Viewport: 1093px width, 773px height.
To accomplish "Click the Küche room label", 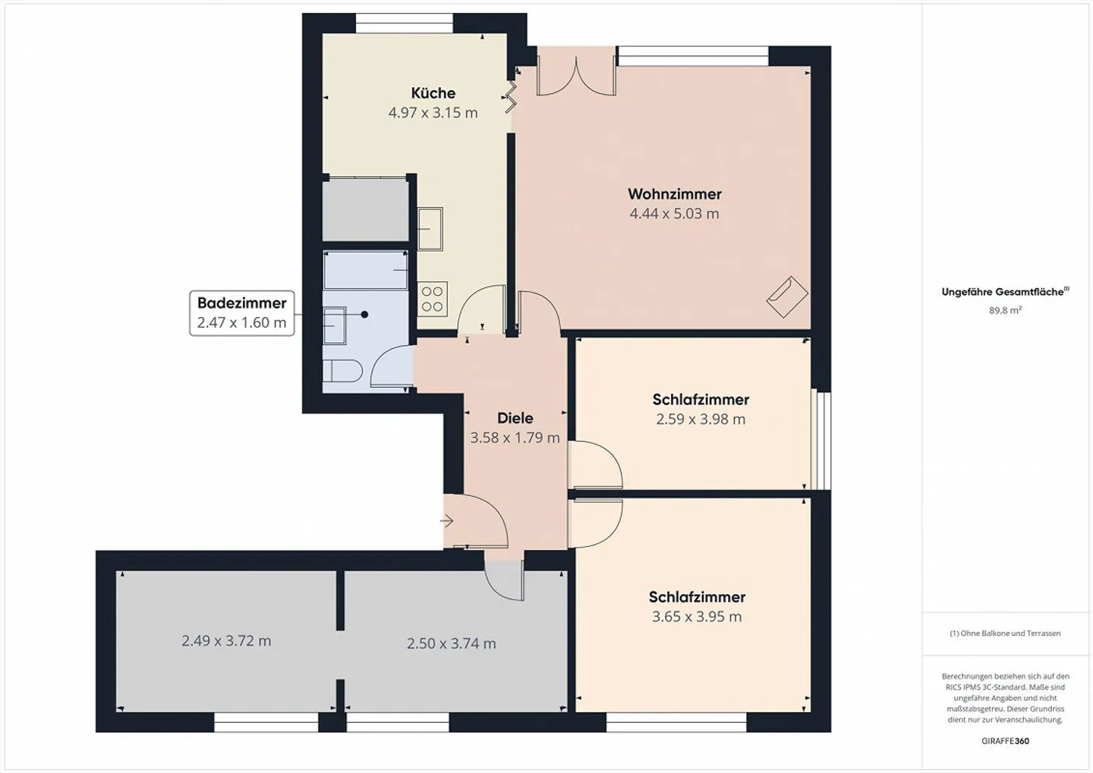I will point(433,93).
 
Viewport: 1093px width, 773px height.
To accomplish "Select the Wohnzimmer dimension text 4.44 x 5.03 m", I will point(674,214).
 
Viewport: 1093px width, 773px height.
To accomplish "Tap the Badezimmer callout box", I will point(241,313).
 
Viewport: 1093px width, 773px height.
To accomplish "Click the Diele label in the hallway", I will point(515,418).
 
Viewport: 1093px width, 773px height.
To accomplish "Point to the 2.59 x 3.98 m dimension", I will point(700,419).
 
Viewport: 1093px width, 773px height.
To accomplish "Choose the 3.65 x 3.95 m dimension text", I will point(696,617).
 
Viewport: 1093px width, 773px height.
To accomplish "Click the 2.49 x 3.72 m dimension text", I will point(226,641).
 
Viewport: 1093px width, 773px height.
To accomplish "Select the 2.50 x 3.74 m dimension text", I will point(451,644).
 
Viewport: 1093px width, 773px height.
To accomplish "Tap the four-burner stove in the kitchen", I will point(432,299).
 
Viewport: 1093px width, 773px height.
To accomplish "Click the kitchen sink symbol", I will point(430,228).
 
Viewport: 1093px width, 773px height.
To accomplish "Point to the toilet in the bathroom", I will point(342,372).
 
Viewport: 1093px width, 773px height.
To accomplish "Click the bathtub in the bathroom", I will point(366,271).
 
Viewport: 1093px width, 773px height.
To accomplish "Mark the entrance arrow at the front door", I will point(447,521).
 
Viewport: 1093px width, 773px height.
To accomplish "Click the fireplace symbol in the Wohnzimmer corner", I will point(787,297).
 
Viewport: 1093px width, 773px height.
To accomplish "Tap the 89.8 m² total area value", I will point(1005,310).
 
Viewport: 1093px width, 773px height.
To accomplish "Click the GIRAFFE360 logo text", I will point(1005,741).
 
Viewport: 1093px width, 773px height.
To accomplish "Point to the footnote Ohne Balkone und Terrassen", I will point(1005,633).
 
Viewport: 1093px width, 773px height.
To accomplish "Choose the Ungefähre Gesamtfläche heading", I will point(1003,292).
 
